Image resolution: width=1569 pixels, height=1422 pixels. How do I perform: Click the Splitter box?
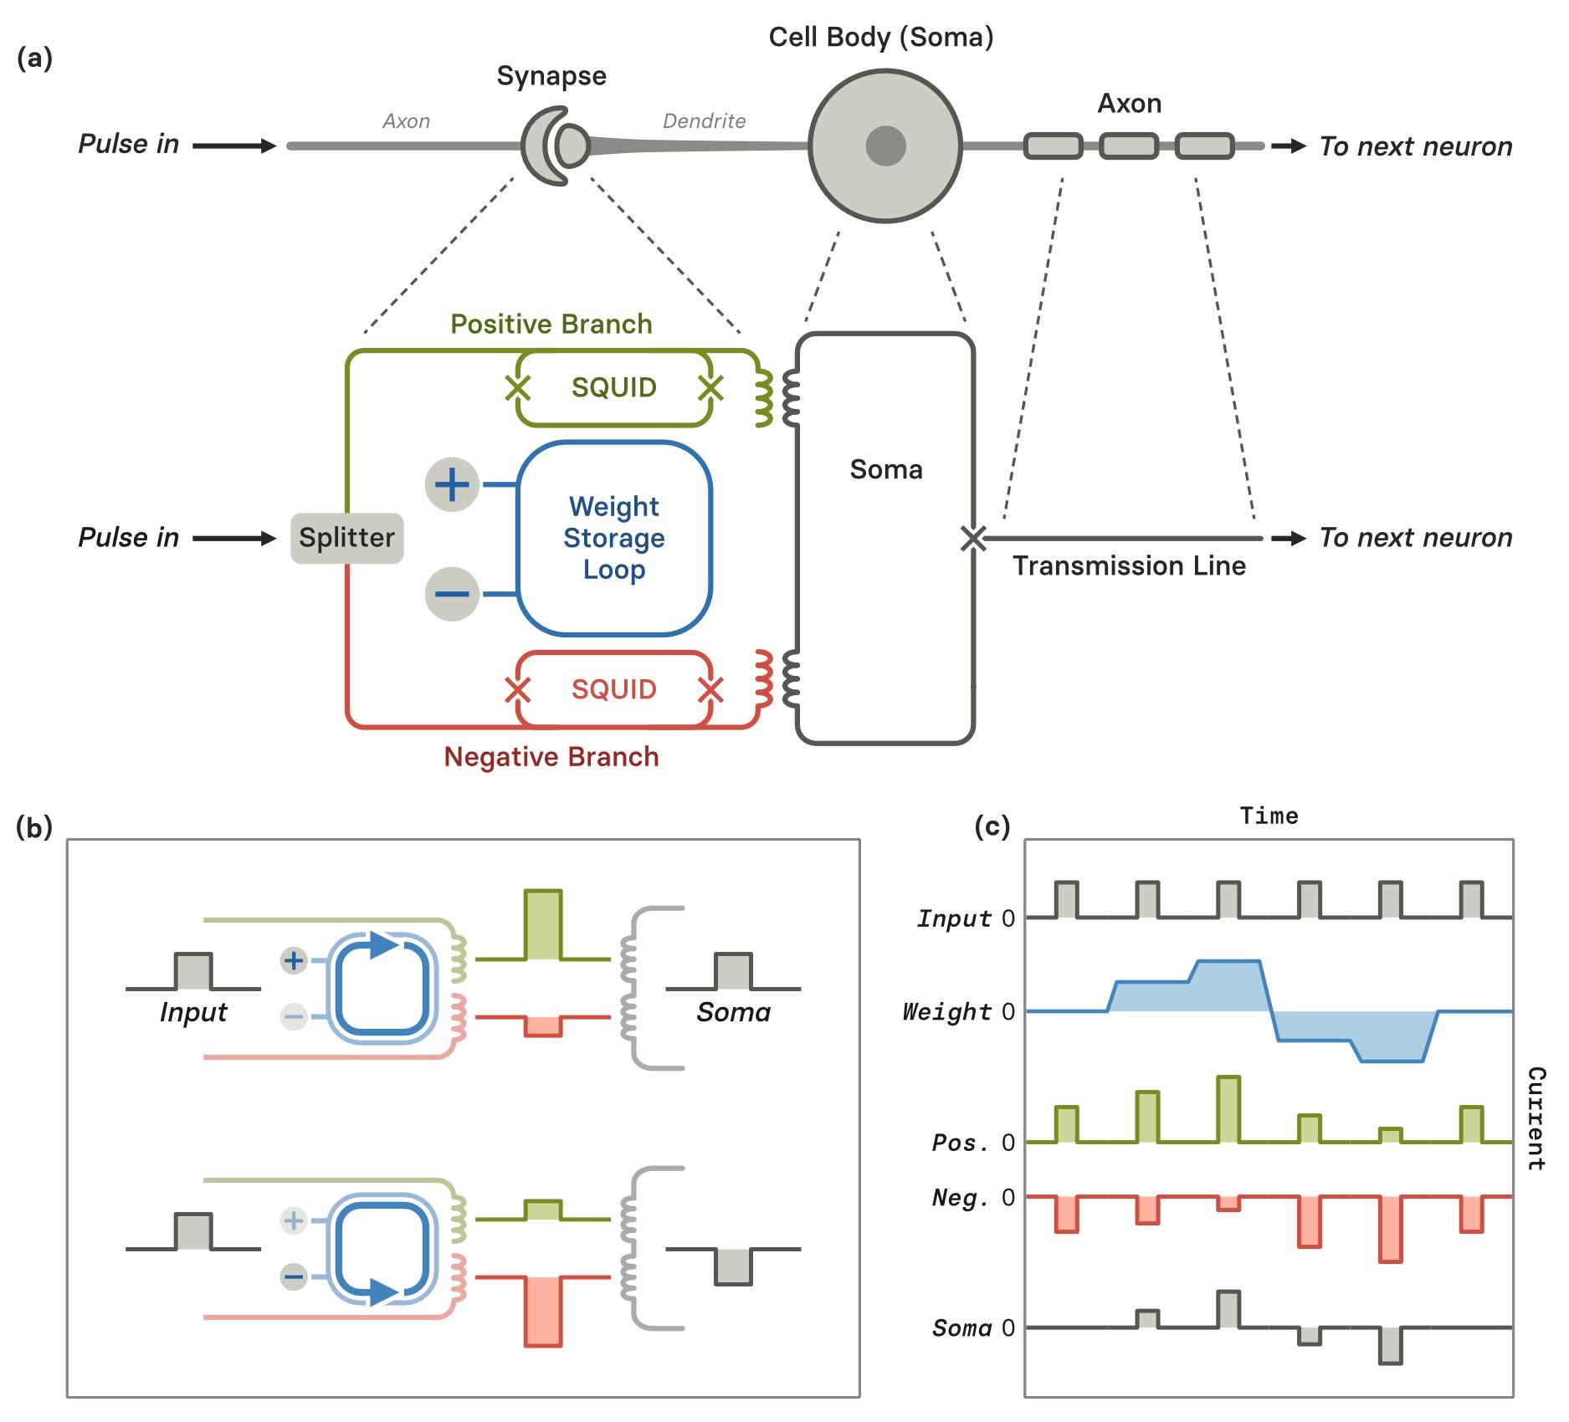point(346,538)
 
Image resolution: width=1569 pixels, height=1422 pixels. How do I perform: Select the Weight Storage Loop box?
point(613,538)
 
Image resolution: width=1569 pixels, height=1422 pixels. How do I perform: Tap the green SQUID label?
point(613,387)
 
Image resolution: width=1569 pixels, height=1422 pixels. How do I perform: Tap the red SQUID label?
point(613,689)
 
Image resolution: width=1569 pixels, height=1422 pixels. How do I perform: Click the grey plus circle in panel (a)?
point(452,484)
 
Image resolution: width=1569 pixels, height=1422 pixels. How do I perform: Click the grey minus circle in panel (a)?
point(452,594)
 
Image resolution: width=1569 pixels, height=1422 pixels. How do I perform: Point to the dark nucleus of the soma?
point(885,146)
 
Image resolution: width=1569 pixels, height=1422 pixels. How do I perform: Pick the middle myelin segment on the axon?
point(1128,146)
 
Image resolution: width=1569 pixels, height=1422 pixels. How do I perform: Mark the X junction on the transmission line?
point(973,539)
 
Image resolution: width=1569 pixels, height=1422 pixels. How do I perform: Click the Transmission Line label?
point(1129,566)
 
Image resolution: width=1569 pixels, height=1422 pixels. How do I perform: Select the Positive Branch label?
point(551,324)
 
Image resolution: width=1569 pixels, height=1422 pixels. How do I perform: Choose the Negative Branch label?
point(551,757)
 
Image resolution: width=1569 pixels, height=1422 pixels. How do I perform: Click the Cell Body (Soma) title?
point(881,37)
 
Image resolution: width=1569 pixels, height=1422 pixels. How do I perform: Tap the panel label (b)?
point(34,827)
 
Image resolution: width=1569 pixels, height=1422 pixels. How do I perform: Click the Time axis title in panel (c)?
point(1269,816)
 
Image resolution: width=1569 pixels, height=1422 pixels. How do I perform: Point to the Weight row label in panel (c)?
point(946,1012)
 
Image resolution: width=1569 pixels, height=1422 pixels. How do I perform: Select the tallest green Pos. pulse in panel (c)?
point(1228,1109)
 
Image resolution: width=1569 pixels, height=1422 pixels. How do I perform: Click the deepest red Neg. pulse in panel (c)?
point(1390,1230)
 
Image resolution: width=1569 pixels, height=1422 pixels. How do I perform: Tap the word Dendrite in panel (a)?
point(704,121)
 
